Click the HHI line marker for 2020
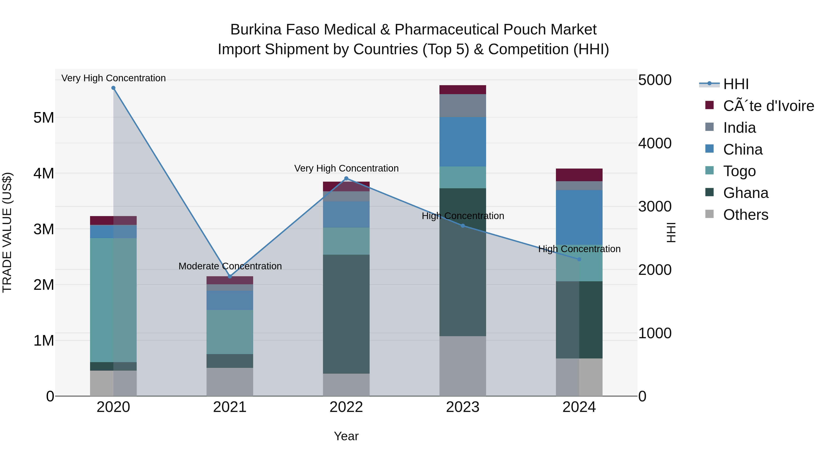pos(113,88)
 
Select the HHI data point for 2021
pos(230,276)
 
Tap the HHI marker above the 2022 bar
pos(346,178)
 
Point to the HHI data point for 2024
pos(579,259)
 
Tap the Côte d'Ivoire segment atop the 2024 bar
pos(579,175)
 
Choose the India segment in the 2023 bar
pos(463,106)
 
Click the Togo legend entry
pos(739,171)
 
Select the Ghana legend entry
pos(745,193)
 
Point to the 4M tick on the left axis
pos(44,173)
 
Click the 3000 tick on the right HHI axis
pos(655,206)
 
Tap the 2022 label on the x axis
pos(346,407)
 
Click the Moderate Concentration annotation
pos(230,266)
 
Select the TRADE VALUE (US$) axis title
pos(7,232)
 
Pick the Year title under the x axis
pos(346,436)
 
